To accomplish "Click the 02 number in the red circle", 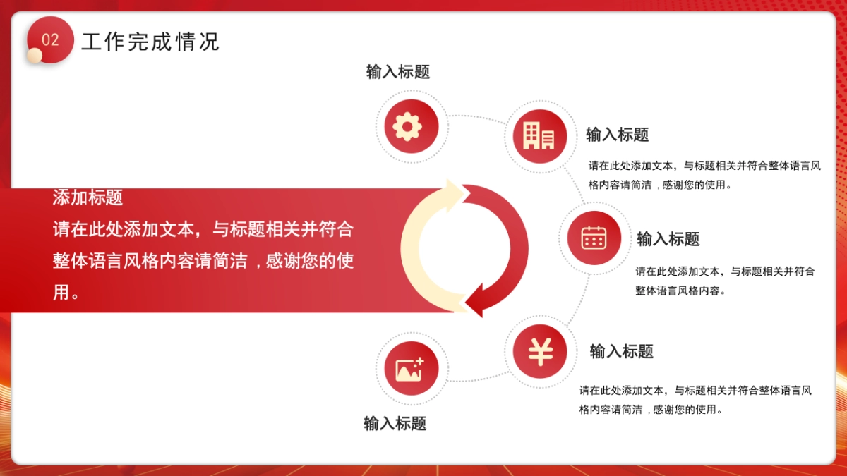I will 50,40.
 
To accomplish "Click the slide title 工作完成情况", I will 150,42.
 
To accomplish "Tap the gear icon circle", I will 412,127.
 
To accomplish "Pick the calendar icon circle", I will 594,238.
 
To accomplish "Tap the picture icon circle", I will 411,368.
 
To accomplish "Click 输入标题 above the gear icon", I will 398,72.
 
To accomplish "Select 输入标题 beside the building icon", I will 617,135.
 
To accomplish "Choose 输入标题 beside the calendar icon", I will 668,239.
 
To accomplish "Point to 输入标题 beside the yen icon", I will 621,351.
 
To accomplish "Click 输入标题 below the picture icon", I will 395,424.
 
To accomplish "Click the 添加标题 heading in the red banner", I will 88,197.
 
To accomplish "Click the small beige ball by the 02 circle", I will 35,56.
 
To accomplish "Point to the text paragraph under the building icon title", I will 704,176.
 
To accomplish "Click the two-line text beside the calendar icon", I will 725,281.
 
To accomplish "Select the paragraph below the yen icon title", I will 695,400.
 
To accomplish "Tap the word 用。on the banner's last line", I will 66,293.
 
